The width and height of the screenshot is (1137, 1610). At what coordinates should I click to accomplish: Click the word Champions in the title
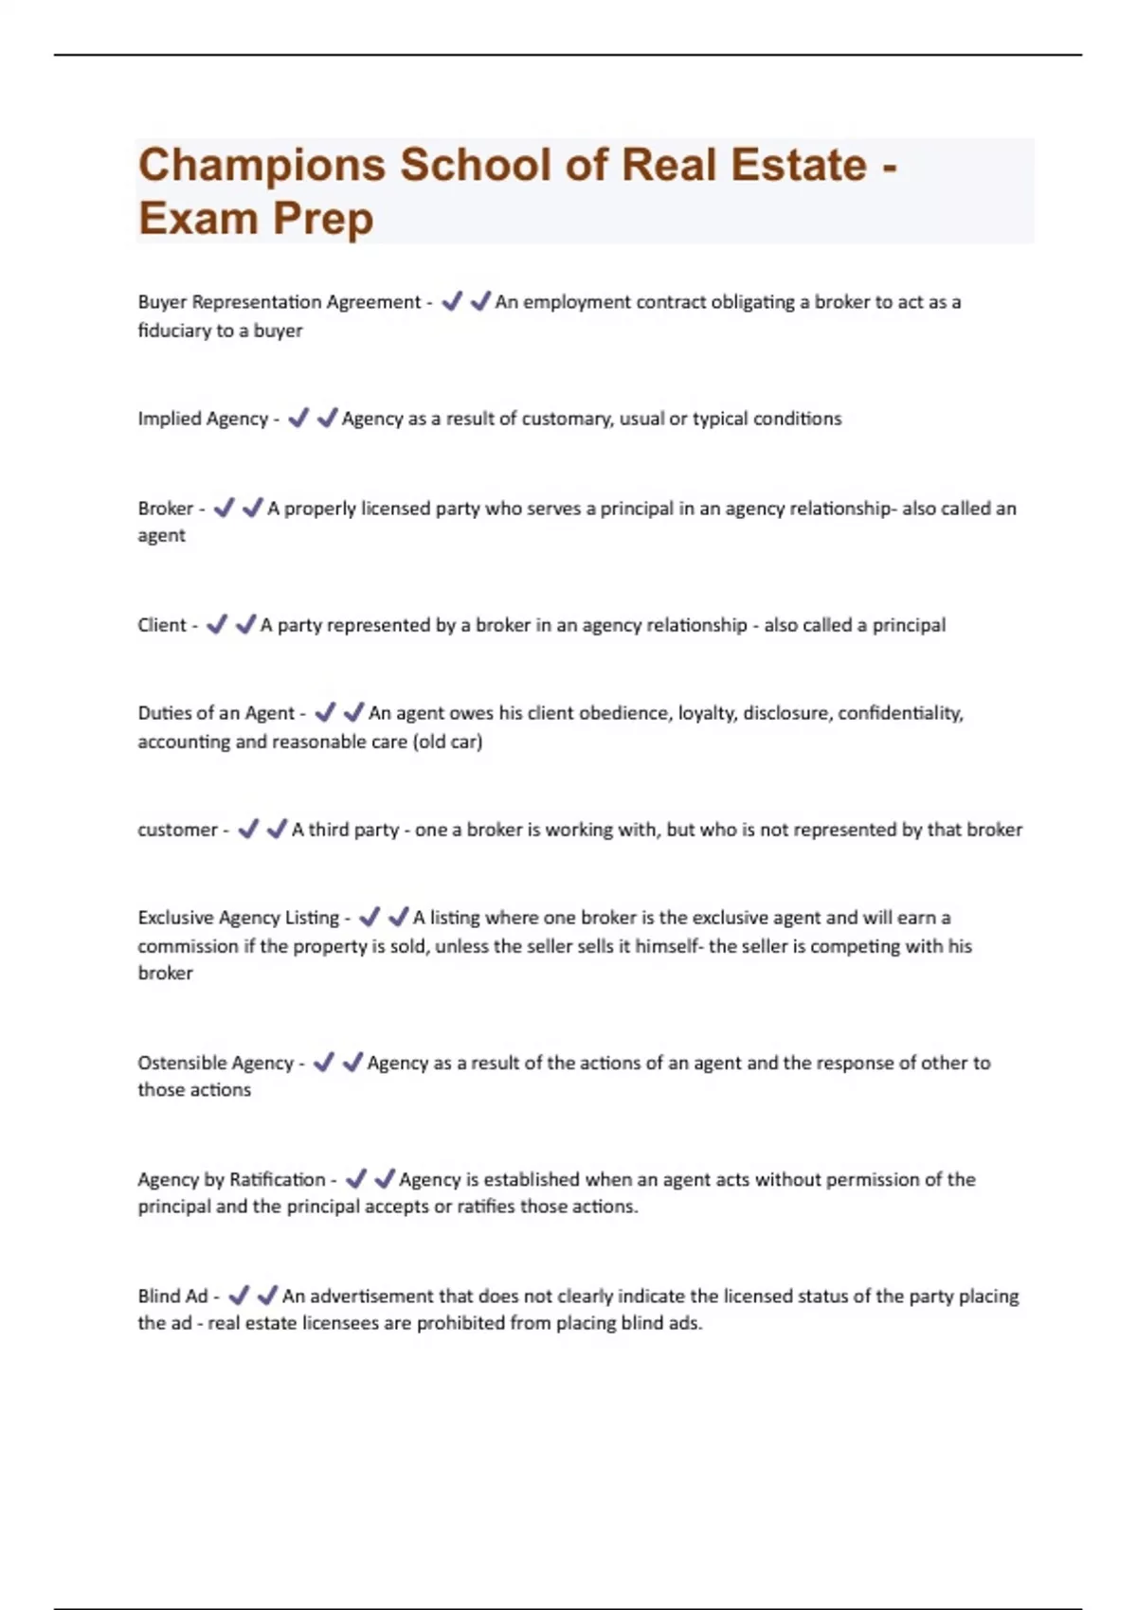(262, 165)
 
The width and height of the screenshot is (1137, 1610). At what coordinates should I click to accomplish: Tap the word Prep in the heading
(323, 218)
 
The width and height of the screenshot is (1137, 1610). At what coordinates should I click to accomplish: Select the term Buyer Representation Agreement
(279, 302)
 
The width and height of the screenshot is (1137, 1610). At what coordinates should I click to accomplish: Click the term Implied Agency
(203, 419)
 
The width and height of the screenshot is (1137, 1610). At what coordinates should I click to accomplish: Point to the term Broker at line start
(166, 509)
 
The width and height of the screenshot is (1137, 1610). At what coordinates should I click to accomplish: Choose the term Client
(162, 625)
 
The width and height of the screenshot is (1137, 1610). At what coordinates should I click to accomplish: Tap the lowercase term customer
(177, 830)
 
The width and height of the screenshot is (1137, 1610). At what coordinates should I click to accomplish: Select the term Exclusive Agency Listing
(238, 918)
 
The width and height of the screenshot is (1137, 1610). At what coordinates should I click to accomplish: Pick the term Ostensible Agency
(215, 1063)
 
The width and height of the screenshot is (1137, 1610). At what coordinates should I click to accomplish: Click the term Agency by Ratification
(231, 1179)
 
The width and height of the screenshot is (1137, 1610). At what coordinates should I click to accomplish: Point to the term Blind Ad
(172, 1296)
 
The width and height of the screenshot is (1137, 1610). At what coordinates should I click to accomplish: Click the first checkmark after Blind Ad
(239, 1295)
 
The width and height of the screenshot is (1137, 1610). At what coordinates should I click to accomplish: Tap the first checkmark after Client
(217, 624)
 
